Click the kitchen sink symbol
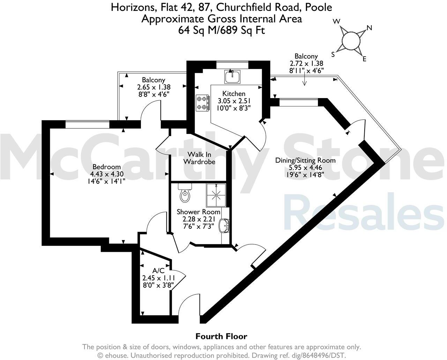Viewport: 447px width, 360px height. pyautogui.click(x=232, y=76)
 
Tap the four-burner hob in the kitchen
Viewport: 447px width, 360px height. pyautogui.click(x=202, y=103)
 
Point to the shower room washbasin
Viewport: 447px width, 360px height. pyautogui.click(x=223, y=225)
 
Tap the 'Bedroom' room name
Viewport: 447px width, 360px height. pyautogui.click(x=106, y=167)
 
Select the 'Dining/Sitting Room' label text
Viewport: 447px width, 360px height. pyautogui.click(x=305, y=160)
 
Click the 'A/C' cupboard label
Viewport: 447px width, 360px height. pyautogui.click(x=158, y=271)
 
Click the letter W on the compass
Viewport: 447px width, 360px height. pyautogui.click(x=336, y=22)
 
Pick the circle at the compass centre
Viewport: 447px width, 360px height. pyautogui.click(x=350, y=40)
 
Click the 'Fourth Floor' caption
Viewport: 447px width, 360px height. pyautogui.click(x=221, y=337)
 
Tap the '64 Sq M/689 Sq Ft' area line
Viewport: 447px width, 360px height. pyautogui.click(x=222, y=30)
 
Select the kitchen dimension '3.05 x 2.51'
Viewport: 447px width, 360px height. pyautogui.click(x=234, y=101)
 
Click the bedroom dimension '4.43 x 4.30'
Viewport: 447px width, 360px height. pyautogui.click(x=106, y=174)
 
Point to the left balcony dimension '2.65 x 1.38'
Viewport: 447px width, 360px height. pyautogui.click(x=154, y=87)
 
